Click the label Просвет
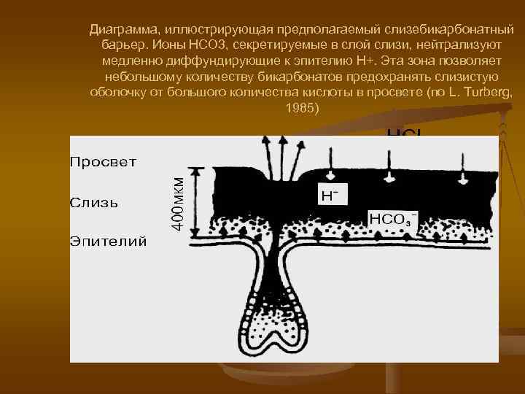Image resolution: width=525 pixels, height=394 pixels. (x=103, y=161)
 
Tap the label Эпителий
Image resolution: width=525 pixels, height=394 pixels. (x=108, y=240)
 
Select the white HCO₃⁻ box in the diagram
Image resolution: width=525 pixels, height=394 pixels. (x=394, y=218)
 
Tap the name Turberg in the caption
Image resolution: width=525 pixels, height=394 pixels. (x=492, y=93)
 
